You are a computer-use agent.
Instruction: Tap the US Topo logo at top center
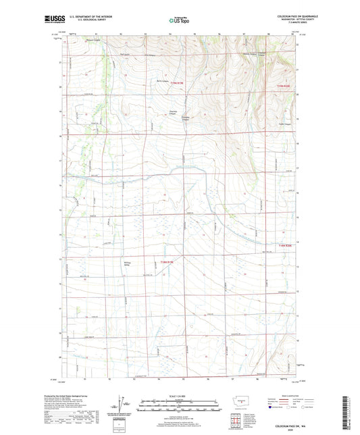pos(179,20)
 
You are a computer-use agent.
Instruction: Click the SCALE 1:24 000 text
pos(179,396)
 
